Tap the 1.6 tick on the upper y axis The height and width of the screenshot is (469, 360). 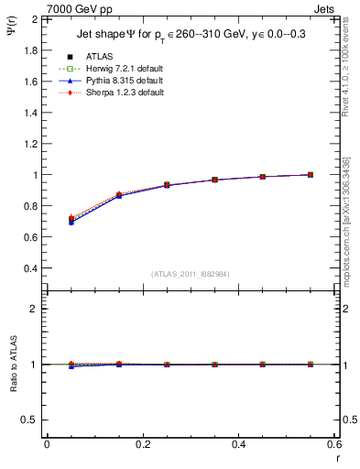(31, 81)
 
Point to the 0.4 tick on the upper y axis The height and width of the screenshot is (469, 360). (31, 268)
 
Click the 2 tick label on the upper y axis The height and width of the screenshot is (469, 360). (36, 18)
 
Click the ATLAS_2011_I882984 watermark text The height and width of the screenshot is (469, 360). (190, 274)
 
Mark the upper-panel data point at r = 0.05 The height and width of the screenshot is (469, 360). (71, 220)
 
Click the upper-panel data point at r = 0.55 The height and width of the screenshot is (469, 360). (311, 174)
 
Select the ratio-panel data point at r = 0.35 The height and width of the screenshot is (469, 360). (214, 365)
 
